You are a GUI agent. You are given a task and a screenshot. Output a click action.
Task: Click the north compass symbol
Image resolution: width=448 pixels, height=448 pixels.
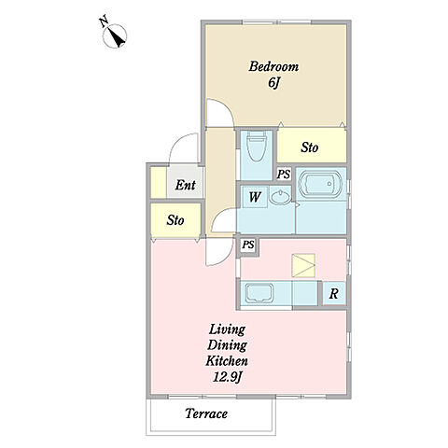115,35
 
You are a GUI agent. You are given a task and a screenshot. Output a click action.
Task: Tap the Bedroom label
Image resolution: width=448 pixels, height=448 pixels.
273,66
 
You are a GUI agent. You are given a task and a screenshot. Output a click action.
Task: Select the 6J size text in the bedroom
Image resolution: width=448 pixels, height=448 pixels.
273,83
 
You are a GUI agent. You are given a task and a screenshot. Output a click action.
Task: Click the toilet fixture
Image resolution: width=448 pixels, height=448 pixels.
257,146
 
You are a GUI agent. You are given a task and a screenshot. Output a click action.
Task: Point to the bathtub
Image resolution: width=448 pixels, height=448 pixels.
320,184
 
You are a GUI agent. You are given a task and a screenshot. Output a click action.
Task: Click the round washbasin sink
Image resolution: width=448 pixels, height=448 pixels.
280,197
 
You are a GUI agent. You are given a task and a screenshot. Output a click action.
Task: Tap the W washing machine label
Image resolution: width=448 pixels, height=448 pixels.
255,197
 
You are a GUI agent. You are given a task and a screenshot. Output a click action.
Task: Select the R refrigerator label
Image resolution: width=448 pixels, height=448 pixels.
333,293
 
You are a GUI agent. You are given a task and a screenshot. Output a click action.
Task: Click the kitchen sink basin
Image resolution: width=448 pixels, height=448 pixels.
259,293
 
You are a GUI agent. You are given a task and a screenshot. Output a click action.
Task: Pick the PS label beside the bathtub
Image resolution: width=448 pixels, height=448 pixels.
284,175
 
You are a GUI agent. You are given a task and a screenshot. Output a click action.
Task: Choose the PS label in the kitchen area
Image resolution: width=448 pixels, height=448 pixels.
248,245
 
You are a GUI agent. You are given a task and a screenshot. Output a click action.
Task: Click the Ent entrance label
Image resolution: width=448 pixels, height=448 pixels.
185,185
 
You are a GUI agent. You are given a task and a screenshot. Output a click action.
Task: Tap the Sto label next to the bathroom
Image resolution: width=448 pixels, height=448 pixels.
310,147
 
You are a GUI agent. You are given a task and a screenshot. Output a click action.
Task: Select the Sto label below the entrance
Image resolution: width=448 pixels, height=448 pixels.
175,220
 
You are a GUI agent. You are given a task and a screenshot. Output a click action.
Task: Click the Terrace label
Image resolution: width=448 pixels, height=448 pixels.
206,413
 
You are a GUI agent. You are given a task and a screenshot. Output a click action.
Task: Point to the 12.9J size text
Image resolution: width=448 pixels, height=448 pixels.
228,377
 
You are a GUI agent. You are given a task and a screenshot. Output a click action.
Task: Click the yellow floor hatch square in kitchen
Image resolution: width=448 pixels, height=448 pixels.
303,265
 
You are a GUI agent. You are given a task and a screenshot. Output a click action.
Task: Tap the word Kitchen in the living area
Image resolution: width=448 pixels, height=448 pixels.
227,361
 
